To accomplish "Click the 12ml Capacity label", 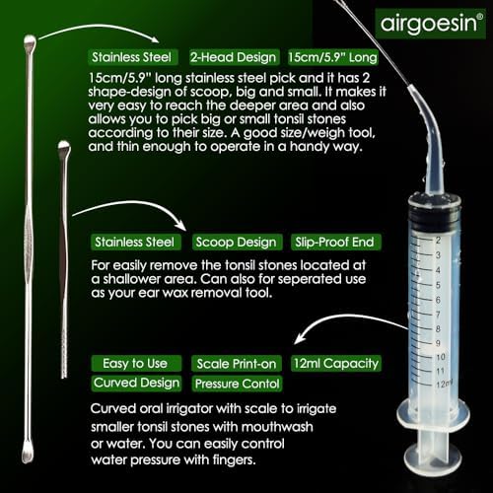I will (x=336, y=363).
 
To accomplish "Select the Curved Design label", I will (x=136, y=383).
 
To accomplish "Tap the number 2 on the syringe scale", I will (x=436, y=240).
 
